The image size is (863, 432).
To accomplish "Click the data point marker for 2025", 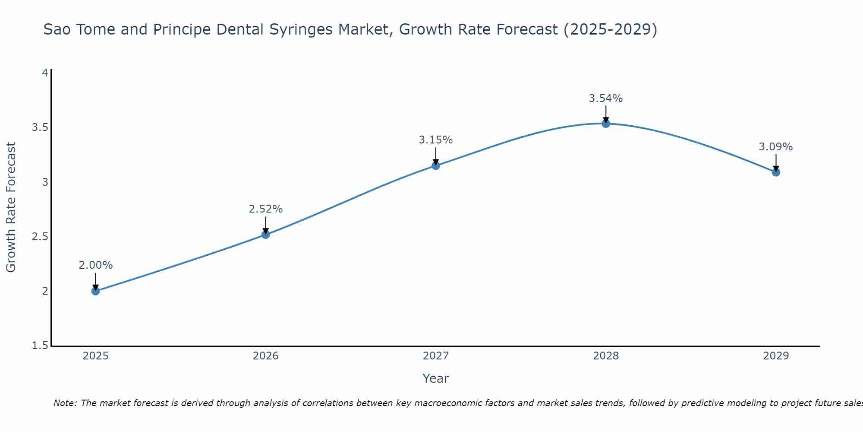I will click(x=95, y=291).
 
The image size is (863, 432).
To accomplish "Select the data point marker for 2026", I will click(x=266, y=235).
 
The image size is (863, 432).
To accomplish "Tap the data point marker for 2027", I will click(x=436, y=165).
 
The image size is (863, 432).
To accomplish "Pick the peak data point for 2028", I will click(x=606, y=124).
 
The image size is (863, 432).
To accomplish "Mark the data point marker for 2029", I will click(x=776, y=172).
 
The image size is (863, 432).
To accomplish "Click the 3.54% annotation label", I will click(x=606, y=98).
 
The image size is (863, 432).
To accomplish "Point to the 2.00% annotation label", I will click(x=95, y=265).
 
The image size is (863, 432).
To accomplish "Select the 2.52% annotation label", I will click(x=266, y=209).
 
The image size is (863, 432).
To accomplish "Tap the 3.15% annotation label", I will click(x=436, y=140).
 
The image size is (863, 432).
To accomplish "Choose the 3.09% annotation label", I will click(x=776, y=147).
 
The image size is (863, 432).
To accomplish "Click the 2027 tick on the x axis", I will click(x=436, y=356).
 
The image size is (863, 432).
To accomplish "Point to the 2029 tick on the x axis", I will click(x=776, y=356).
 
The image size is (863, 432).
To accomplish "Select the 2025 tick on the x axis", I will click(x=95, y=356).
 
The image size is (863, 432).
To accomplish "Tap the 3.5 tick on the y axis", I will click(x=40, y=127).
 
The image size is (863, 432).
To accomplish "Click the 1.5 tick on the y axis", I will click(x=40, y=346).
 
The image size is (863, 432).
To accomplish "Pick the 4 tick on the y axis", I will click(x=44, y=73).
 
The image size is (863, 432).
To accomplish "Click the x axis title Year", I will click(x=436, y=378).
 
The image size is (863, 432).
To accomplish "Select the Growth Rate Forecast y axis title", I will click(x=11, y=207).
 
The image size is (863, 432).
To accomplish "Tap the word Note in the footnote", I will click(x=64, y=403).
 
